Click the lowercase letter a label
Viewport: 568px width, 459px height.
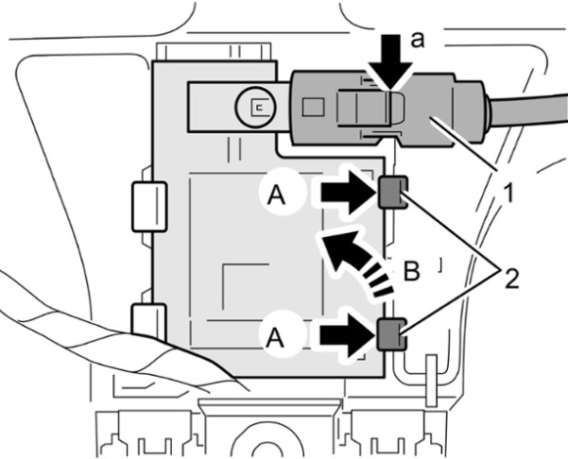click(x=418, y=41)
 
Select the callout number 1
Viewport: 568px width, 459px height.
click(x=509, y=193)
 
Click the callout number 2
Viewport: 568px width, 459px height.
click(x=511, y=278)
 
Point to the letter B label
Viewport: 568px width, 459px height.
click(x=411, y=271)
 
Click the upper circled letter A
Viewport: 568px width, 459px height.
click(x=276, y=196)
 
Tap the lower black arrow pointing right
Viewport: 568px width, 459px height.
click(x=349, y=334)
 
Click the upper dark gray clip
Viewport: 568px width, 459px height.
click(x=393, y=192)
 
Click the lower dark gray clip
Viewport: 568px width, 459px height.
click(x=392, y=334)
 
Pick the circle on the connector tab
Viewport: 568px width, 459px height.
click(x=255, y=107)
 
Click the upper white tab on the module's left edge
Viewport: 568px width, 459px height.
click(x=149, y=207)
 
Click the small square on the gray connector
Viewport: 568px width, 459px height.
click(x=313, y=108)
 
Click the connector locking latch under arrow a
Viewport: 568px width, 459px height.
click(x=370, y=109)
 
